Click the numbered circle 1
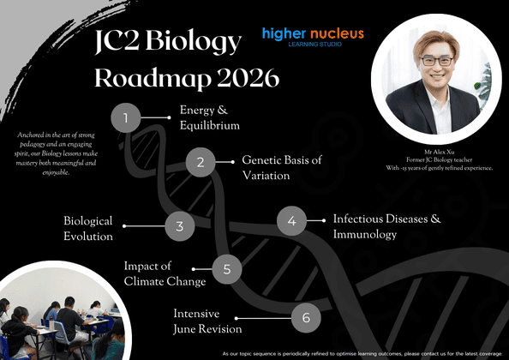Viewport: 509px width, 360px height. (x=126, y=117)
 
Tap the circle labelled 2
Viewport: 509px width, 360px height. (x=201, y=161)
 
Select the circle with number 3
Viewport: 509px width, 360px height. (x=180, y=226)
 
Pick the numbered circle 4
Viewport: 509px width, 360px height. (x=291, y=221)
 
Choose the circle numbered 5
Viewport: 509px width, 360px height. (x=227, y=268)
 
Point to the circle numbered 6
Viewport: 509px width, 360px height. (x=306, y=318)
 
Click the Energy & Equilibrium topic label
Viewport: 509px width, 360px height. (x=209, y=117)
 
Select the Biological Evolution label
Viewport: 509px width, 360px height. (x=88, y=228)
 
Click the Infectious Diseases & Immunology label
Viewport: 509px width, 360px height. (x=386, y=226)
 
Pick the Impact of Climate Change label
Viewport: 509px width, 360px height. (x=165, y=273)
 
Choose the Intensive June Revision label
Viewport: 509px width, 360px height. (x=207, y=321)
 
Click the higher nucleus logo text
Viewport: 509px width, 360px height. (x=313, y=34)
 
